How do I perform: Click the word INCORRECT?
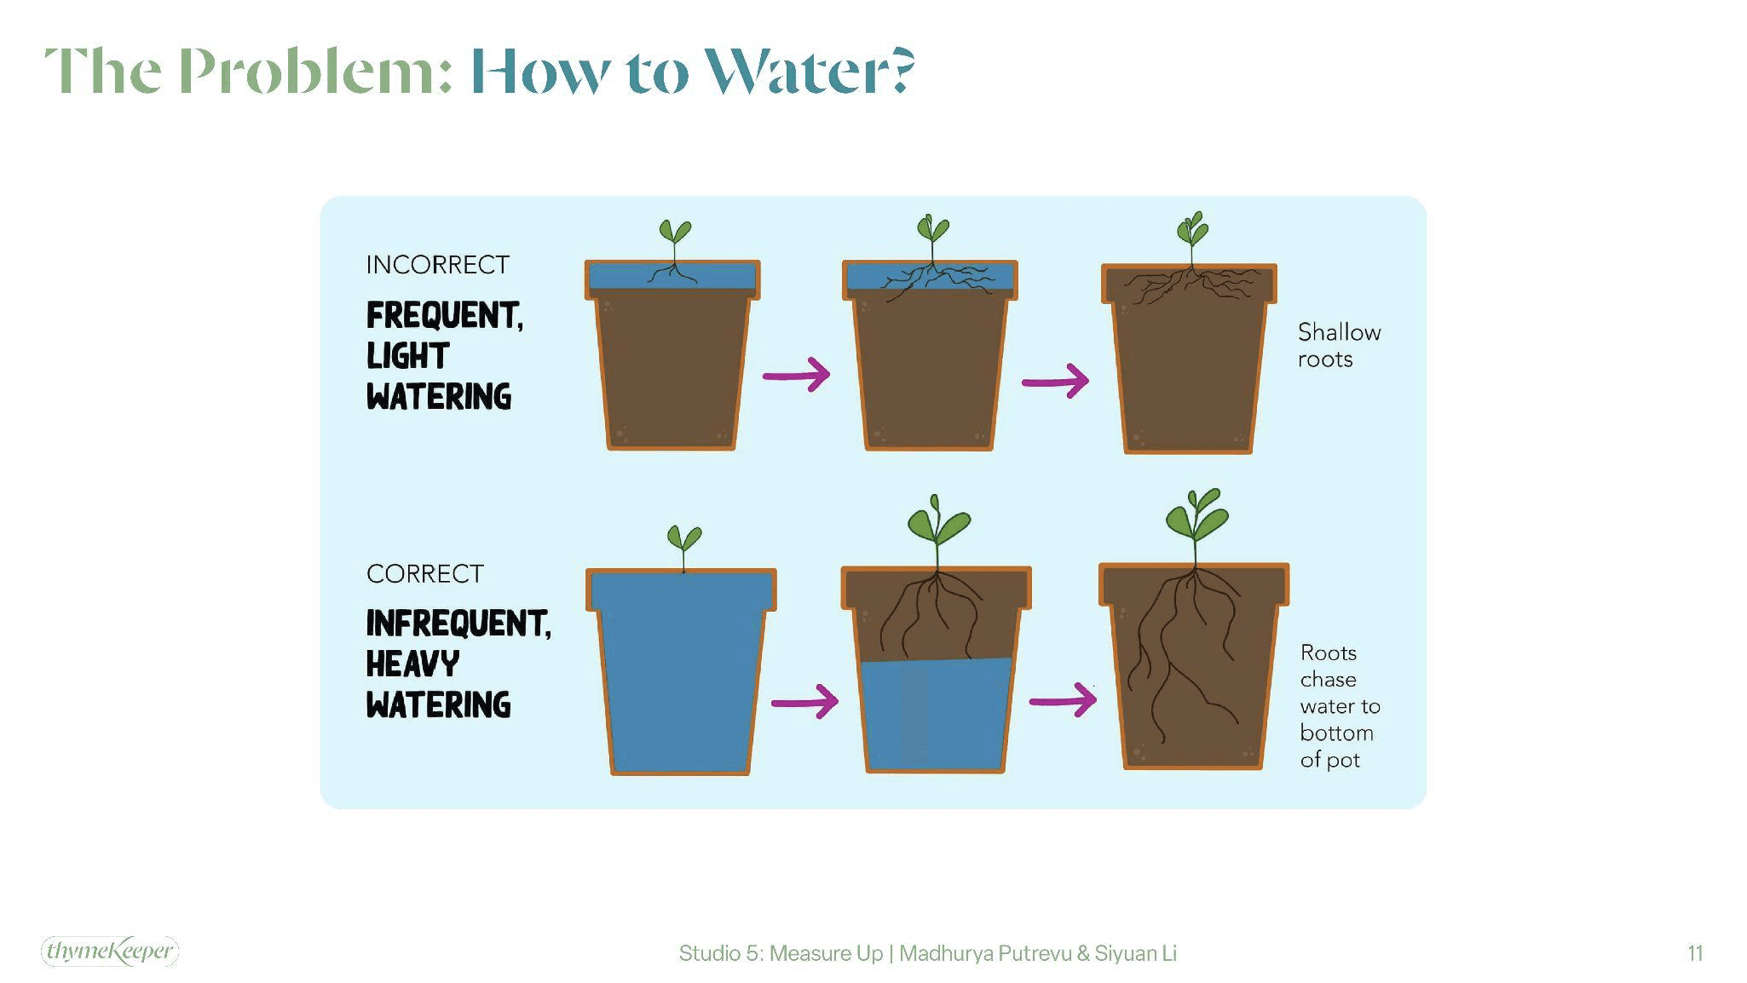tap(437, 265)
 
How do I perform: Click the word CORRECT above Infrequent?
tap(424, 574)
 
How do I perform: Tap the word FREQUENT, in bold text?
tap(444, 315)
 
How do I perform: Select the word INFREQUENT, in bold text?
tap(458, 624)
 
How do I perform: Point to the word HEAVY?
tap(412, 664)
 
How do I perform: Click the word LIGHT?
tap(407, 356)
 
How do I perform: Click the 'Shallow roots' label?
tap(1338, 345)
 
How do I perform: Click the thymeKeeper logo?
tap(110, 951)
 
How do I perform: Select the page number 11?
tap(1695, 953)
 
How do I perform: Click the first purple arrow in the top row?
tap(797, 375)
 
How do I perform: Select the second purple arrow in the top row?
tap(1056, 381)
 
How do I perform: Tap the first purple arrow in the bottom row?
tap(804, 702)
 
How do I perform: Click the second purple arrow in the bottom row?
tap(1063, 701)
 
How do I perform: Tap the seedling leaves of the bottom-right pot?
tap(1196, 514)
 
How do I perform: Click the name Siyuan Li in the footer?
tap(1135, 953)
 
